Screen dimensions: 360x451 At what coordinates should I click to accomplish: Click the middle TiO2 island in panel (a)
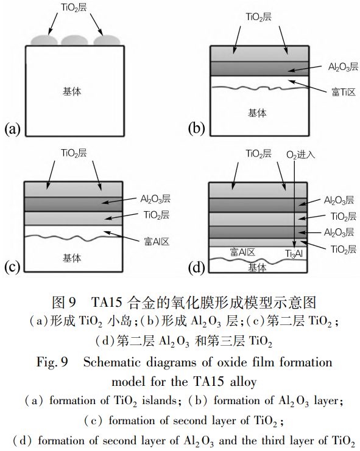(75, 41)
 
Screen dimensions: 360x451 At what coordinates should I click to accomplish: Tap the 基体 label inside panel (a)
(72, 91)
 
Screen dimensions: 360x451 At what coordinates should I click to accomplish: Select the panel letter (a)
(13, 128)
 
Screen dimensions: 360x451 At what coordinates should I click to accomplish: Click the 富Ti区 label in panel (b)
(344, 92)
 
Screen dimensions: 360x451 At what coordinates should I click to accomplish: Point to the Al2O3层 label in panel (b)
(343, 67)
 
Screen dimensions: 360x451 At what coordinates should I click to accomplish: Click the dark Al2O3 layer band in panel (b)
(259, 68)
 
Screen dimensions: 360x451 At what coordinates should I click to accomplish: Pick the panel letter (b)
(197, 128)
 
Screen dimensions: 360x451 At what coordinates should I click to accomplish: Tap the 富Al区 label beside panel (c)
(157, 241)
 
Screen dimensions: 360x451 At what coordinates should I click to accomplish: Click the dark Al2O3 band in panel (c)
(73, 205)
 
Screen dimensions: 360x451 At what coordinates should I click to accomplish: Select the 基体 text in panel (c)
(72, 258)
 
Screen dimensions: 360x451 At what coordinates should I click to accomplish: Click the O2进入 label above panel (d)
(300, 155)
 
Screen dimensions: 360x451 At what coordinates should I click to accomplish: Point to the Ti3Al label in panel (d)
(294, 254)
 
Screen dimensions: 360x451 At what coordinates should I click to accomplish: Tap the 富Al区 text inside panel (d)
(242, 252)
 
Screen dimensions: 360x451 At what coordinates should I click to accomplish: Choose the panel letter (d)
(197, 268)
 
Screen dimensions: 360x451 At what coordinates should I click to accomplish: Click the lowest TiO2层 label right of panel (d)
(344, 249)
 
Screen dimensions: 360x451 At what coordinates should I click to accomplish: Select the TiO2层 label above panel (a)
(74, 7)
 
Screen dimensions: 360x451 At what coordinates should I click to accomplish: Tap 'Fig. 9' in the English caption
(52, 362)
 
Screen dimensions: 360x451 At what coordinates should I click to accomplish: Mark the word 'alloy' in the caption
(243, 382)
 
